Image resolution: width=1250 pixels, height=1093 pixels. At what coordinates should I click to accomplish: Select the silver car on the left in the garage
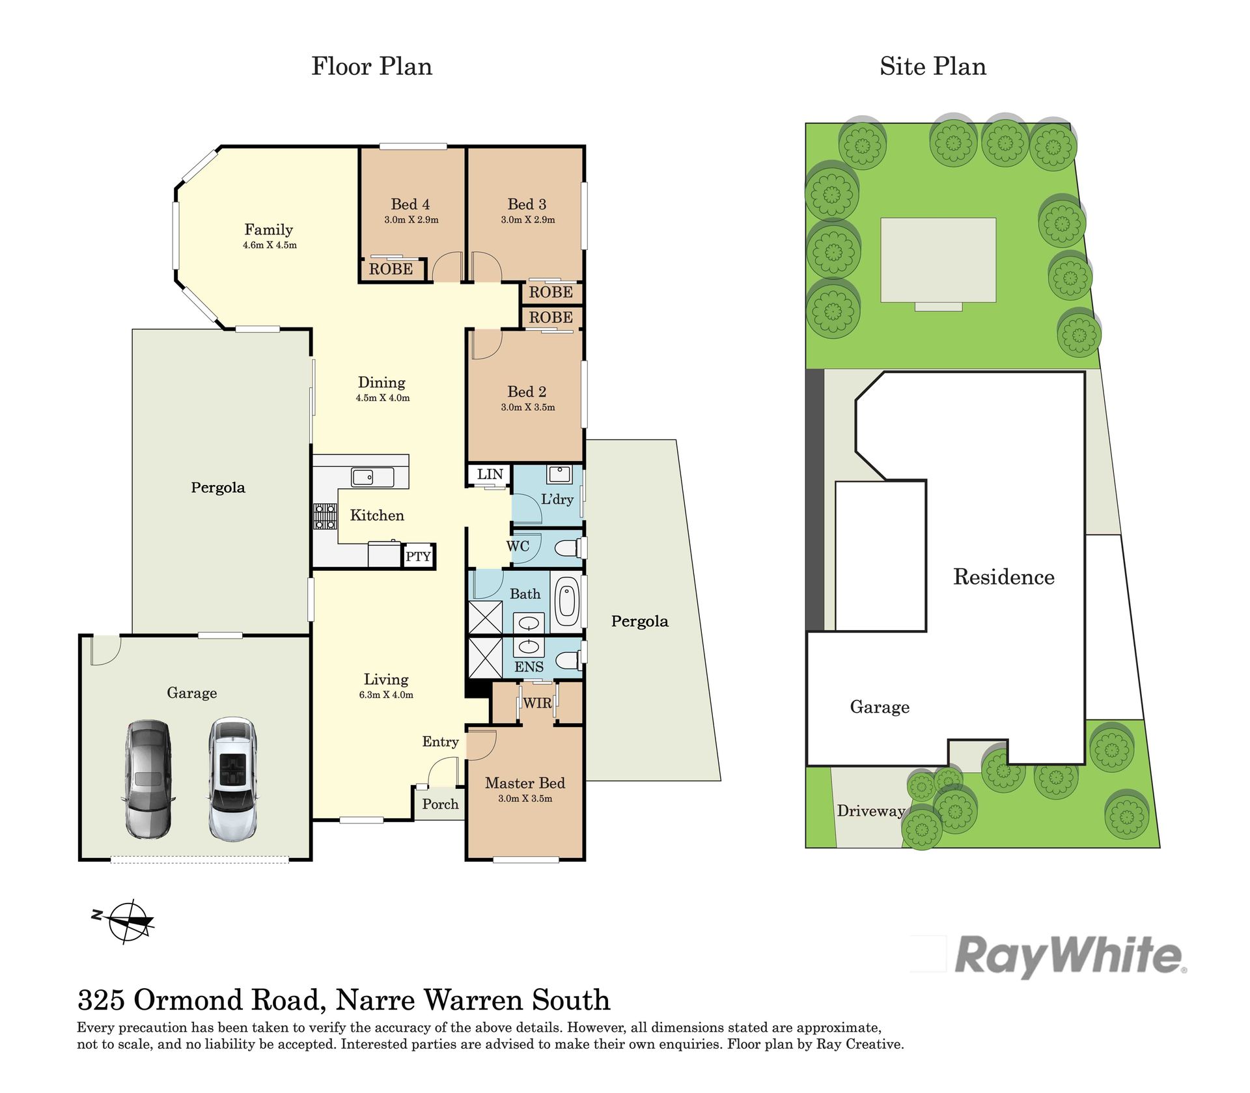(x=148, y=779)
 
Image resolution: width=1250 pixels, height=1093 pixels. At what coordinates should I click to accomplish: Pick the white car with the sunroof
(x=232, y=779)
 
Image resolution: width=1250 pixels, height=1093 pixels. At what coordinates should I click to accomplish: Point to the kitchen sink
(x=372, y=477)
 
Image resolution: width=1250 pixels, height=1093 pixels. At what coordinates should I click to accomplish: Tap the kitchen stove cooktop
(x=325, y=516)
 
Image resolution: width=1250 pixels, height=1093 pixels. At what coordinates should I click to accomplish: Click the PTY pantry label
(x=418, y=557)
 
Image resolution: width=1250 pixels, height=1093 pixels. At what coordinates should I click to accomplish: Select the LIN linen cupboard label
(x=490, y=474)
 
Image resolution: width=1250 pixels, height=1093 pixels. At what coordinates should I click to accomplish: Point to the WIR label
(x=538, y=703)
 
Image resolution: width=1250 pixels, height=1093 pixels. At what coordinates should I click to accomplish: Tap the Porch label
(x=440, y=804)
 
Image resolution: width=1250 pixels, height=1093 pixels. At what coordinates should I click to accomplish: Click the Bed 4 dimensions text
(x=411, y=220)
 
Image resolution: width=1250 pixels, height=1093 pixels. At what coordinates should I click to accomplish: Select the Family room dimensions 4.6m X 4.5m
(x=270, y=245)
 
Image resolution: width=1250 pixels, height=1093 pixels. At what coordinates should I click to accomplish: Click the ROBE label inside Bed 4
(x=391, y=269)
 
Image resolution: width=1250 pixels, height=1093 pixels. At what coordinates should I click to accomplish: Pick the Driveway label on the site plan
(x=871, y=811)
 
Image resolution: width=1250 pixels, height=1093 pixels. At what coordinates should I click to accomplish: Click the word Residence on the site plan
(x=1004, y=577)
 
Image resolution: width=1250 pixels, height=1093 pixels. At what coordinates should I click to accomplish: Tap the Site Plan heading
(x=933, y=66)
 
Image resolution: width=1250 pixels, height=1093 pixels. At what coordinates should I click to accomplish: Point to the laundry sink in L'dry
(x=559, y=474)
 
